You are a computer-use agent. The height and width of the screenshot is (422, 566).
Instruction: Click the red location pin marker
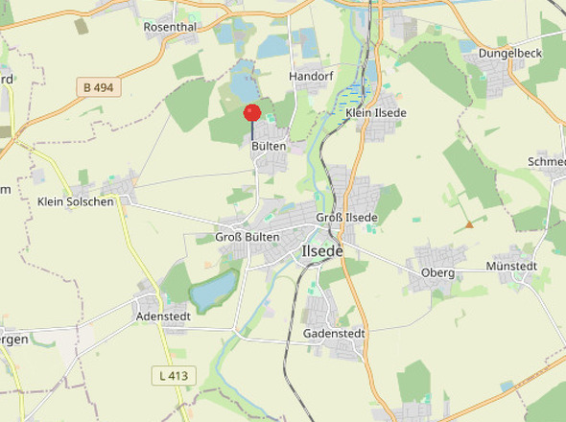pyautogui.click(x=252, y=113)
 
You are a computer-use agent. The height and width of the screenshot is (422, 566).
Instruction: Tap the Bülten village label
pyautogui.click(x=269, y=148)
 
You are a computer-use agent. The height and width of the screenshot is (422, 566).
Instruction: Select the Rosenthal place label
pyautogui.click(x=170, y=27)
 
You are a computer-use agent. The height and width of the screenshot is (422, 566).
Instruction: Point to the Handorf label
pyautogui.click(x=309, y=75)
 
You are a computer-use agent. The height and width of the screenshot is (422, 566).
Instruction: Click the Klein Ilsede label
pyautogui.click(x=376, y=113)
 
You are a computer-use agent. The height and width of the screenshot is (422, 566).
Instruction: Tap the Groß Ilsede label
pyautogui.click(x=347, y=218)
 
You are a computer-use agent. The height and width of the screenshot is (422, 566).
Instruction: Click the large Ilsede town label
pyautogui.click(x=322, y=250)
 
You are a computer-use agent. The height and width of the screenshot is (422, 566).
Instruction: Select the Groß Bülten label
pyautogui.click(x=247, y=237)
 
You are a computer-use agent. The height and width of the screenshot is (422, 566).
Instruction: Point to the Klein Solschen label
pyautogui.click(x=76, y=201)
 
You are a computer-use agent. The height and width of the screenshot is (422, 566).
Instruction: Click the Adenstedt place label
pyautogui.click(x=164, y=316)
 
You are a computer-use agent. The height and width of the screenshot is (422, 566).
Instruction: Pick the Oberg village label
pyautogui.click(x=437, y=273)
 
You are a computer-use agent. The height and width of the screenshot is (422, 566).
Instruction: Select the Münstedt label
pyautogui.click(x=512, y=266)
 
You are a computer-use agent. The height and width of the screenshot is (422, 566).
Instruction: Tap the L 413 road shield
pyautogui.click(x=173, y=375)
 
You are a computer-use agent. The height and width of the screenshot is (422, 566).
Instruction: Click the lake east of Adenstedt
pyautogui.click(x=215, y=289)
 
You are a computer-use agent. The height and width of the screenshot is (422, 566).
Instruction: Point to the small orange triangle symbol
pyautogui.click(x=469, y=224)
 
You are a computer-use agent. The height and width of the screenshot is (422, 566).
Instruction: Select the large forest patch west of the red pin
pyautogui.click(x=190, y=104)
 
